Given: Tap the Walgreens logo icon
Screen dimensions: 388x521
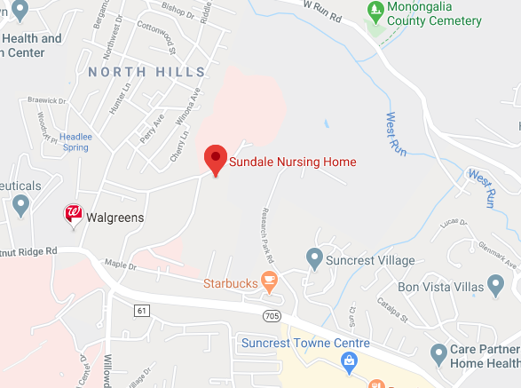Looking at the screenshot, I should click(75, 215).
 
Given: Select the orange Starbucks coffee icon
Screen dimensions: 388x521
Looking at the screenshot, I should click(269, 283).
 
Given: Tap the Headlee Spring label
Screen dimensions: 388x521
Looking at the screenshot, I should click(75, 141).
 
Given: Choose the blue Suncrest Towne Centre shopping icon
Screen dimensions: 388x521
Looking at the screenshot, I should click(350, 360).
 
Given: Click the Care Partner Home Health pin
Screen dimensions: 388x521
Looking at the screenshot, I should click(438, 354).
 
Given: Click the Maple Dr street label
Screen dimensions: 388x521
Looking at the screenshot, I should click(121, 265).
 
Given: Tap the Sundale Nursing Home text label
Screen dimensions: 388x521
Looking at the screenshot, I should click(293, 162).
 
